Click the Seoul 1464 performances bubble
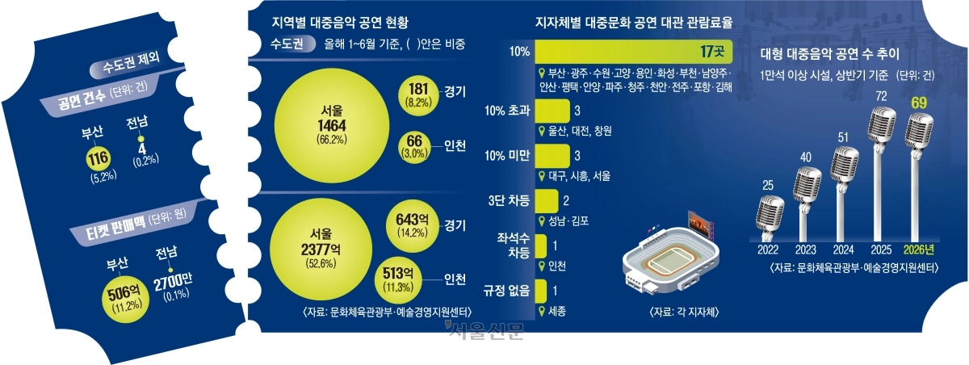click(x=332, y=125)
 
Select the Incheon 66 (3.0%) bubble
click(x=414, y=147)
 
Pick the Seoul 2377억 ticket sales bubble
click(x=321, y=249)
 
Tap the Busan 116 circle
click(x=99, y=159)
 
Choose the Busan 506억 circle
click(x=124, y=300)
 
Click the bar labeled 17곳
click(x=634, y=52)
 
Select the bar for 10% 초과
click(x=552, y=111)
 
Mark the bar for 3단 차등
click(x=547, y=200)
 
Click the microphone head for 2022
click(x=770, y=213)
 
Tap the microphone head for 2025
click(x=882, y=124)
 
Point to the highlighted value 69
click(x=919, y=103)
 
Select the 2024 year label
click(x=843, y=250)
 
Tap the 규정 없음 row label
click(x=506, y=290)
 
